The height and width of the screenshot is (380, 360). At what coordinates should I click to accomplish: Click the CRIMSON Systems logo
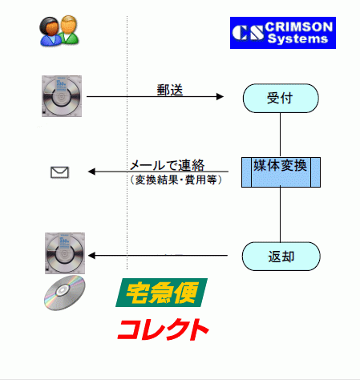point(283,33)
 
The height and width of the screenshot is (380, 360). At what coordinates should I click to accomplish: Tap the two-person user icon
point(59,30)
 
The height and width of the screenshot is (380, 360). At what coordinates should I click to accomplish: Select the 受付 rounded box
point(281,98)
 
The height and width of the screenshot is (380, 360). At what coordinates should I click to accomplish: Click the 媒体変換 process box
point(281,172)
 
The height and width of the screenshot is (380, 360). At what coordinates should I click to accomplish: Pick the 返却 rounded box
point(281,257)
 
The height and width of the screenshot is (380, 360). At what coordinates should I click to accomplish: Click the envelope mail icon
point(59,172)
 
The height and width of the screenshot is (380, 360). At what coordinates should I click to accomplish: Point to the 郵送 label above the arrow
point(170,90)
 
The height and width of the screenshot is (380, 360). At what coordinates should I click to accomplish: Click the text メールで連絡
point(167,165)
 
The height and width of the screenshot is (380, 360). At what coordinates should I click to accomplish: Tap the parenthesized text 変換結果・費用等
point(176,180)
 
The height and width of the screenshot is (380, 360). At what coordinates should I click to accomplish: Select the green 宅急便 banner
point(161,293)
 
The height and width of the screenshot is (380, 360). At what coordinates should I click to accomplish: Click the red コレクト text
point(163,329)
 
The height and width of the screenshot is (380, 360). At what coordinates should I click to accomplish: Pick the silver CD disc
point(65,293)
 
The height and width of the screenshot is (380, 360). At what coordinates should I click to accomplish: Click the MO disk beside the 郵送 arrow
point(62,96)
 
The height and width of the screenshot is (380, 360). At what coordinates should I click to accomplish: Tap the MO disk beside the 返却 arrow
point(65,253)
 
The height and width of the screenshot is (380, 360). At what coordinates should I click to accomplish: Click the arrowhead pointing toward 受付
point(220,96)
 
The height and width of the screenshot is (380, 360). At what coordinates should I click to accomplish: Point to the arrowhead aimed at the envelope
point(91,172)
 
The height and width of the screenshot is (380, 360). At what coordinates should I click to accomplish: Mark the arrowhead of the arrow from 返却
point(91,256)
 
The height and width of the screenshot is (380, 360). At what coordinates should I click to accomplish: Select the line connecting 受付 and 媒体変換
point(280,135)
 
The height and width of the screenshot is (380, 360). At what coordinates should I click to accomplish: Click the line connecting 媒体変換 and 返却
point(280,215)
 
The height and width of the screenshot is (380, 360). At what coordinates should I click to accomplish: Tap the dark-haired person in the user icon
point(50,31)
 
